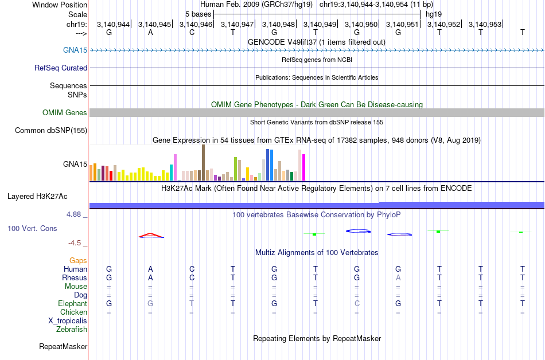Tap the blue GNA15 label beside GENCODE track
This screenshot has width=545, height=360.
point(75,50)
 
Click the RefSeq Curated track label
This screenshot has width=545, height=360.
point(61,68)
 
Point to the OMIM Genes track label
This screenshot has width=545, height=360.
point(65,113)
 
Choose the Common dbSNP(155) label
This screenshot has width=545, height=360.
point(51,131)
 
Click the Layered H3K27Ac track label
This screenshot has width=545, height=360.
point(37,196)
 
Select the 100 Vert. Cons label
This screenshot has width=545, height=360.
point(32,228)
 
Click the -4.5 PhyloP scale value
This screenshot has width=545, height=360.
point(75,242)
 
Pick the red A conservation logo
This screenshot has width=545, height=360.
point(151,235)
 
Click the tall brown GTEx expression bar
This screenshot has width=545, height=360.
point(203,163)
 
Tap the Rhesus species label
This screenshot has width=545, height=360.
point(75,277)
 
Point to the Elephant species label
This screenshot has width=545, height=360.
point(73,303)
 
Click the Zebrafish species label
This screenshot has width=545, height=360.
point(72,329)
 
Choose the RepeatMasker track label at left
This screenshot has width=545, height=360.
point(63,346)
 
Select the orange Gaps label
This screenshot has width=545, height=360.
point(78,260)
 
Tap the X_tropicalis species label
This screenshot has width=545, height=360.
point(68,320)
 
